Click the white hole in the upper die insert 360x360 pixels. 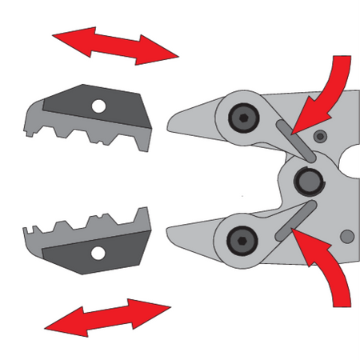pos(98,106)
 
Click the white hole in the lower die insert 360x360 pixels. pos(98,254)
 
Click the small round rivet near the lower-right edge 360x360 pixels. pos(346,237)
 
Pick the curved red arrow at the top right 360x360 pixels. pos(328,88)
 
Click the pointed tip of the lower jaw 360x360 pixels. pos(169,232)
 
